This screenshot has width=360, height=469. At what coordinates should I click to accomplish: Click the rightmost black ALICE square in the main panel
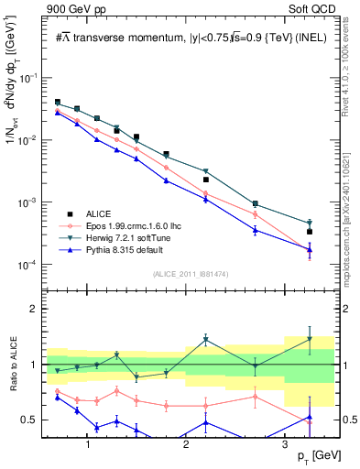click(310, 232)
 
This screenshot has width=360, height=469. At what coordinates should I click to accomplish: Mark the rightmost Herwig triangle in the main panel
click(310, 223)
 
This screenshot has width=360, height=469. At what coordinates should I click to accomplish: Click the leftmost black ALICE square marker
click(57, 103)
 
